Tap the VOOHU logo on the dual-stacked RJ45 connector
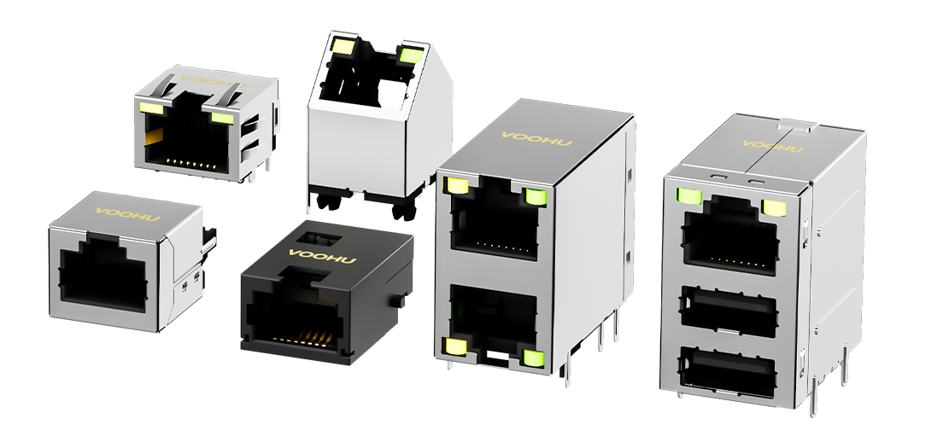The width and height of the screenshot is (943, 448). click(537, 139)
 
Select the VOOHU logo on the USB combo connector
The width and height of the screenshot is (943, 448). click(773, 146)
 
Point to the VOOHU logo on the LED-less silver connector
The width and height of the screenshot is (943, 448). click(128, 214)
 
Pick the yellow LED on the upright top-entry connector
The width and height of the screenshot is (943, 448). click(343, 45)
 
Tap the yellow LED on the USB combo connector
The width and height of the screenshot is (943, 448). click(774, 207)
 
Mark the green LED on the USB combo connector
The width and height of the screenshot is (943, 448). click(689, 195)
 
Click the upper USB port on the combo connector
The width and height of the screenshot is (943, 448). click(729, 311)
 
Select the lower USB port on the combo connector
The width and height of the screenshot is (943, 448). click(727, 372)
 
